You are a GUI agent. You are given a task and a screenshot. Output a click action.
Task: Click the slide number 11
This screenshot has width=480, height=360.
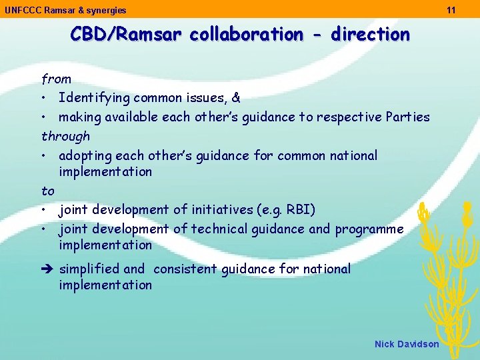click(x=451, y=10)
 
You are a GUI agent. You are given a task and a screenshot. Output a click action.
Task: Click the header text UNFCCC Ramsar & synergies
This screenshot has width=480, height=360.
click(x=65, y=10)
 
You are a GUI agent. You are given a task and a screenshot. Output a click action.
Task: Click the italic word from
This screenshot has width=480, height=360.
click(x=56, y=79)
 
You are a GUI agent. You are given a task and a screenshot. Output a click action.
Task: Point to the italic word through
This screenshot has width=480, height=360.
click(x=65, y=137)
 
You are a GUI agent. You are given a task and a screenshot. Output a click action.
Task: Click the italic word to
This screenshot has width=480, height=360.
click(x=48, y=191)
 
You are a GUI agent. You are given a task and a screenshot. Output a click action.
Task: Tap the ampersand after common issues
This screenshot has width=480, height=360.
click(x=235, y=98)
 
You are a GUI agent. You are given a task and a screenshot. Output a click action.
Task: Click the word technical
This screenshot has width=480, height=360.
click(x=219, y=229)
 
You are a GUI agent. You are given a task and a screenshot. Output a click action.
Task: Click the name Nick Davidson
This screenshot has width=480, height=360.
click(x=407, y=344)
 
